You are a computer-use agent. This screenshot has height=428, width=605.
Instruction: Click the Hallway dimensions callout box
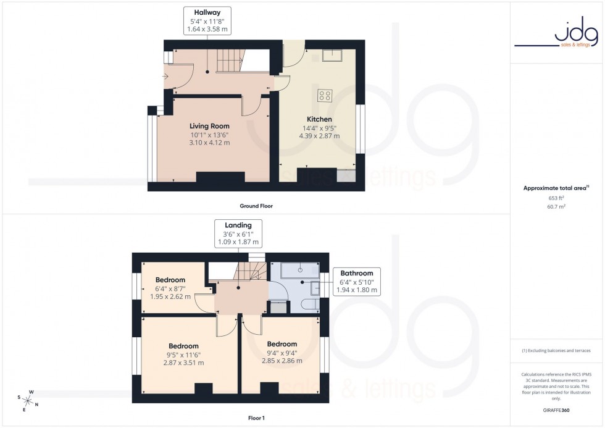[x=207, y=20]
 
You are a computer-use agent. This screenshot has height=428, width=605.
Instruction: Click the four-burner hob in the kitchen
[x=325, y=96]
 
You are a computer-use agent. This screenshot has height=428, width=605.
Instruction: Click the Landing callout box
[x=238, y=233]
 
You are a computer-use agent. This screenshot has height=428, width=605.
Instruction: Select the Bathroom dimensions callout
[x=357, y=281]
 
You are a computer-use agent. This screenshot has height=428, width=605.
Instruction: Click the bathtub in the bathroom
[x=301, y=269]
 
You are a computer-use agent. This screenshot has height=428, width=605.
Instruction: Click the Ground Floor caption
[x=256, y=206]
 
